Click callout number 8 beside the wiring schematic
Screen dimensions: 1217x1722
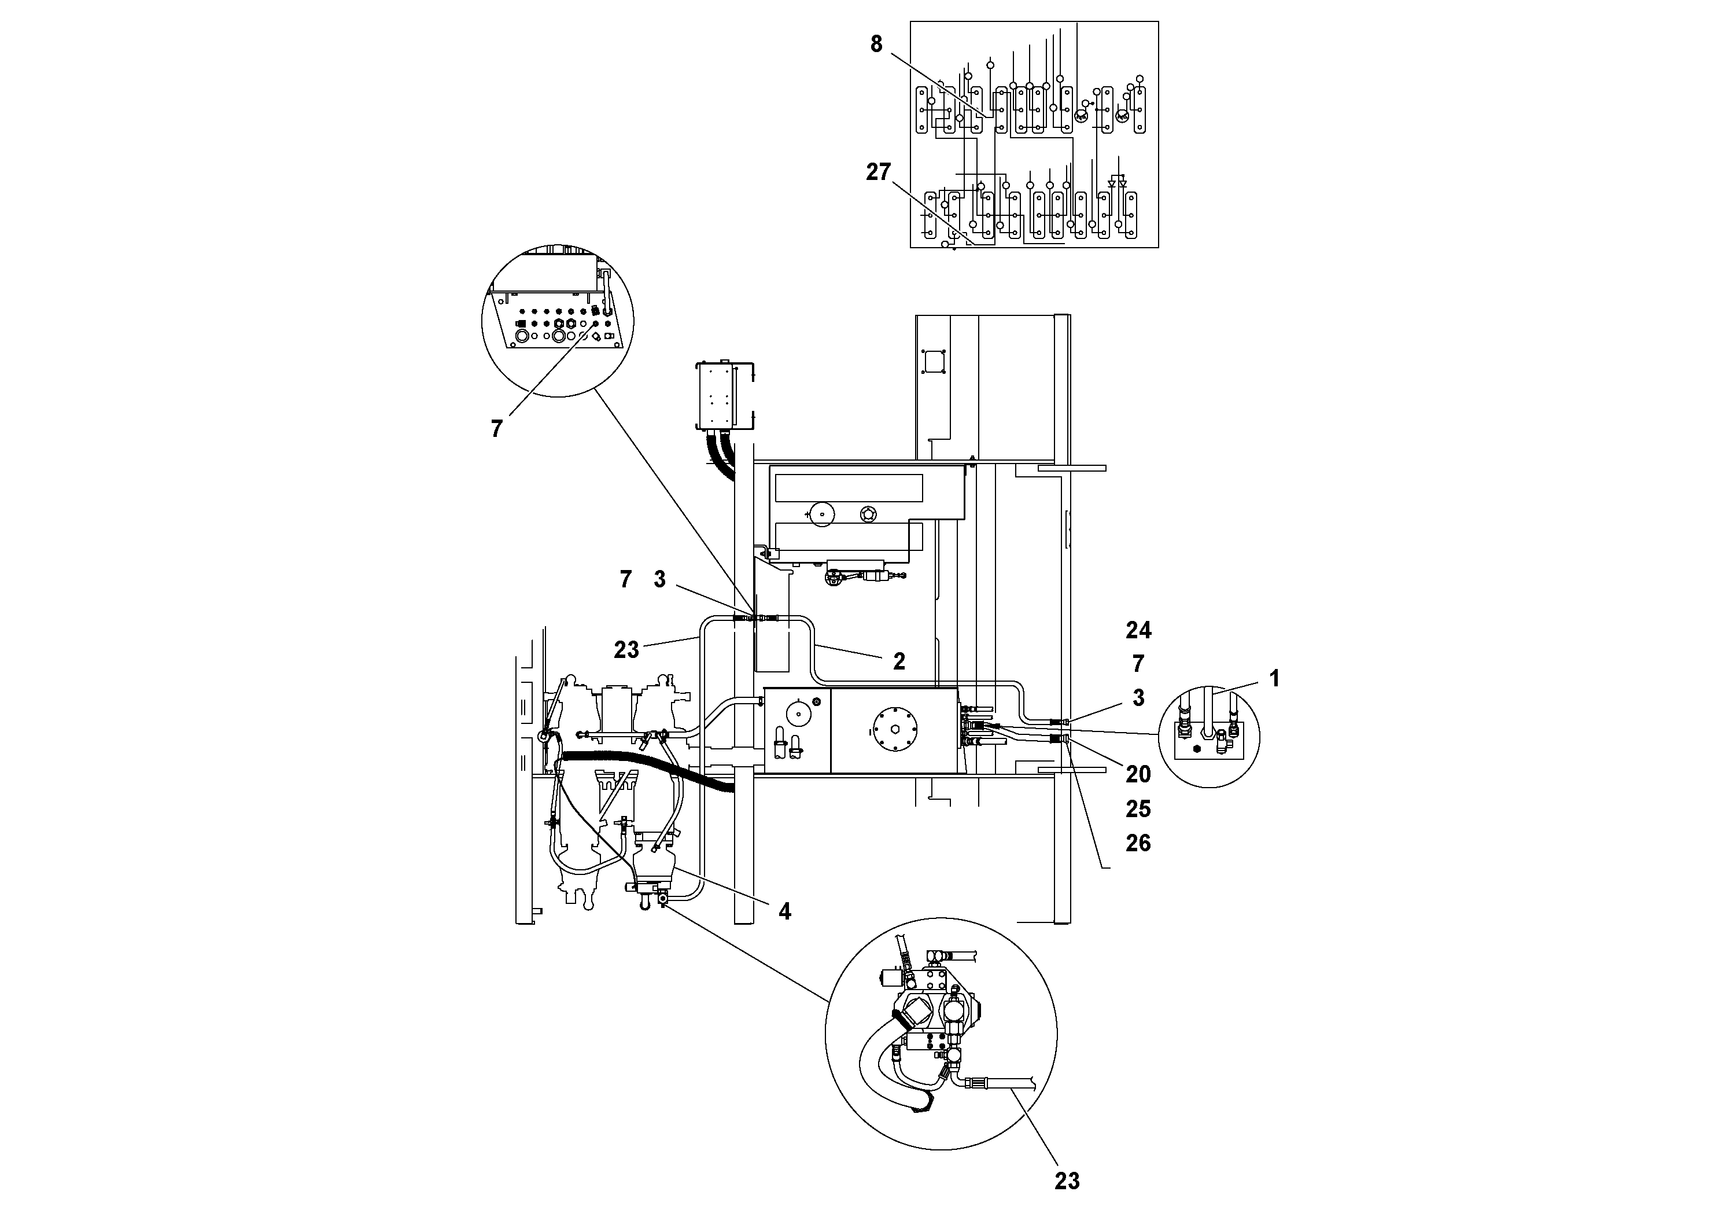point(876,44)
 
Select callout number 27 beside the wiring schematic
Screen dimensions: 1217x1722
point(877,172)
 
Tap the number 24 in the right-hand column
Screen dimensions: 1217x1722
point(1138,630)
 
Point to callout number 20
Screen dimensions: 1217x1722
point(1138,774)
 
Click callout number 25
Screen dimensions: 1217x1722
point(1138,809)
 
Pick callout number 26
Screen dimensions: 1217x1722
point(1138,843)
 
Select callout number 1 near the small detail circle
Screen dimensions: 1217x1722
point(1274,678)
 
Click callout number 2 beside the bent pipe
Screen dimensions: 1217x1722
point(898,661)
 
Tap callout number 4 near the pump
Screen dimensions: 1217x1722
point(784,911)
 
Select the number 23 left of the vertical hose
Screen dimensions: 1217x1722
point(626,650)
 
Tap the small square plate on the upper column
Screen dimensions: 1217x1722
point(934,362)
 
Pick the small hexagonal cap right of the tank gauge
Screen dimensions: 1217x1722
point(868,513)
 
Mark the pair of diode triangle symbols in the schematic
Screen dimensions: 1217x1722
point(1118,183)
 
